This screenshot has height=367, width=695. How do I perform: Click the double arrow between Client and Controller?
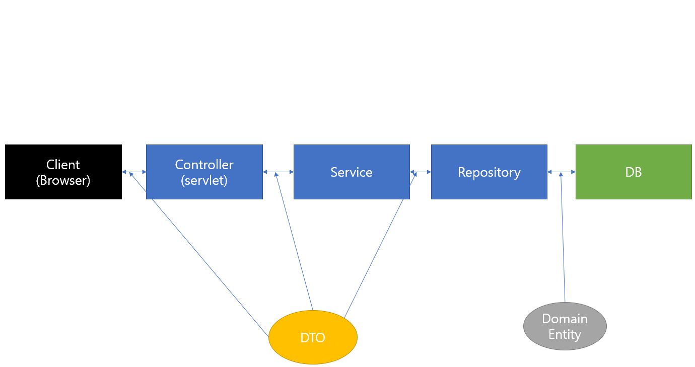click(x=134, y=172)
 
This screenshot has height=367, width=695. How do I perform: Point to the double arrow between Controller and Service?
click(x=278, y=172)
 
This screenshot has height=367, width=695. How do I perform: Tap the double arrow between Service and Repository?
click(x=421, y=172)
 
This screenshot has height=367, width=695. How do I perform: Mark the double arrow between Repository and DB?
click(x=561, y=172)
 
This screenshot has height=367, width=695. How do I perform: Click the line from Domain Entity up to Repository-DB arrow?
click(x=563, y=242)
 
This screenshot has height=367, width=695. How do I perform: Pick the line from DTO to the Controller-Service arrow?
click(x=295, y=242)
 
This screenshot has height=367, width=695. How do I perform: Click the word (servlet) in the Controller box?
click(x=204, y=180)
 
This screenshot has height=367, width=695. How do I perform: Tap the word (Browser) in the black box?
click(x=63, y=180)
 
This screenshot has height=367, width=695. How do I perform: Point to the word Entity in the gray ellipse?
click(x=565, y=334)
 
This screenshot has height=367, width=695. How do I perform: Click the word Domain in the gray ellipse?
click(x=565, y=319)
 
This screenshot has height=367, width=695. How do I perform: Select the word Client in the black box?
click(x=63, y=165)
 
